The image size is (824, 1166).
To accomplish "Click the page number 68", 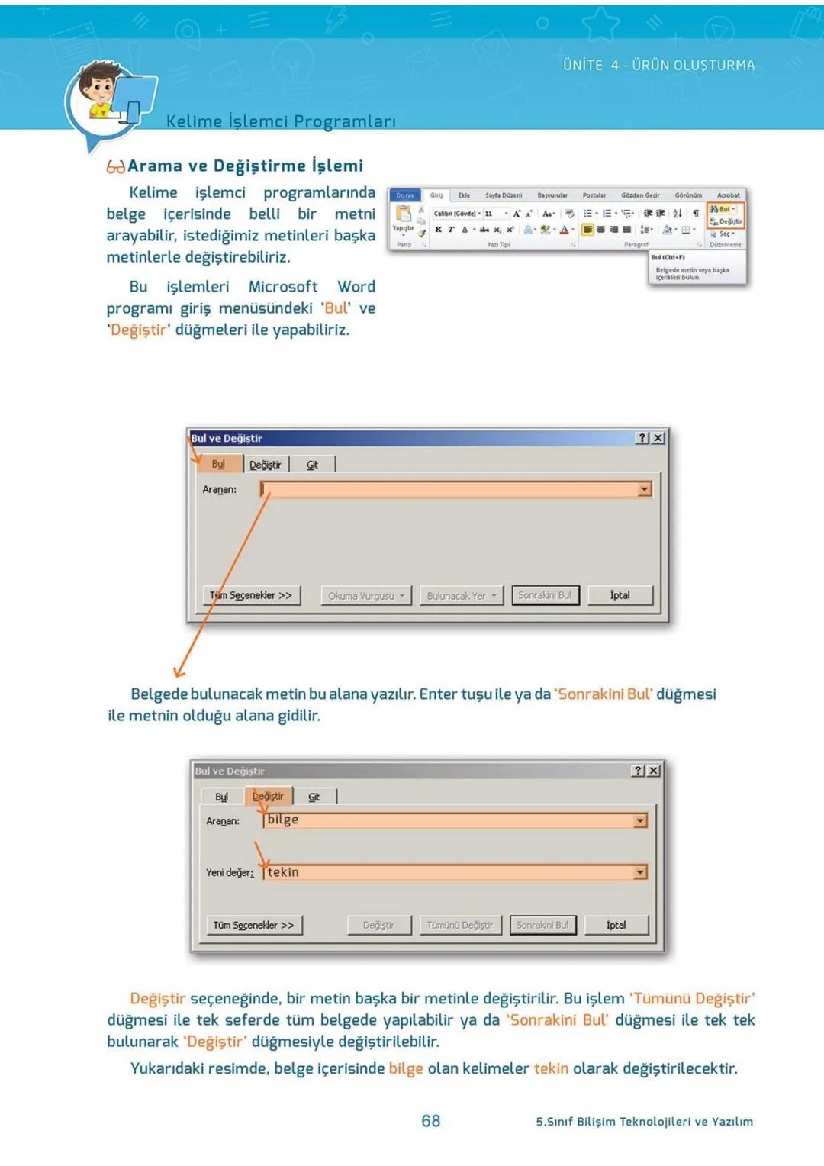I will [430, 1120].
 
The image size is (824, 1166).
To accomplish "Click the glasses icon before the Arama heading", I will [115, 166].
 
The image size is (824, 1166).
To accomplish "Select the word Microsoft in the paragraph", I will [282, 287].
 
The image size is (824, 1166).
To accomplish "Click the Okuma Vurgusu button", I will [365, 596].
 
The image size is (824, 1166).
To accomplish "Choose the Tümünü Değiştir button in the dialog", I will [460, 925].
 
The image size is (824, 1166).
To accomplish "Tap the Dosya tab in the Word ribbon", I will [404, 195].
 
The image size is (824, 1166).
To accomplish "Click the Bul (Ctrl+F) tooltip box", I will [696, 268].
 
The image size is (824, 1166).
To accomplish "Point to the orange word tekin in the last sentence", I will [551, 1068].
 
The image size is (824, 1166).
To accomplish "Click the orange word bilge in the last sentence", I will [406, 1068].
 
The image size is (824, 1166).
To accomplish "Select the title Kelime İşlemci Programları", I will [281, 121].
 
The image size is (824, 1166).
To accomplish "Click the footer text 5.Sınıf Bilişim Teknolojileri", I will [644, 1121].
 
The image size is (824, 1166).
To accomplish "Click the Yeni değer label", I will [229, 872].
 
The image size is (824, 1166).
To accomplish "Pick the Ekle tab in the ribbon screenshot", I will [464, 195].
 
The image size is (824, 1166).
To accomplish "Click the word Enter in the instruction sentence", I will [438, 694].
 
